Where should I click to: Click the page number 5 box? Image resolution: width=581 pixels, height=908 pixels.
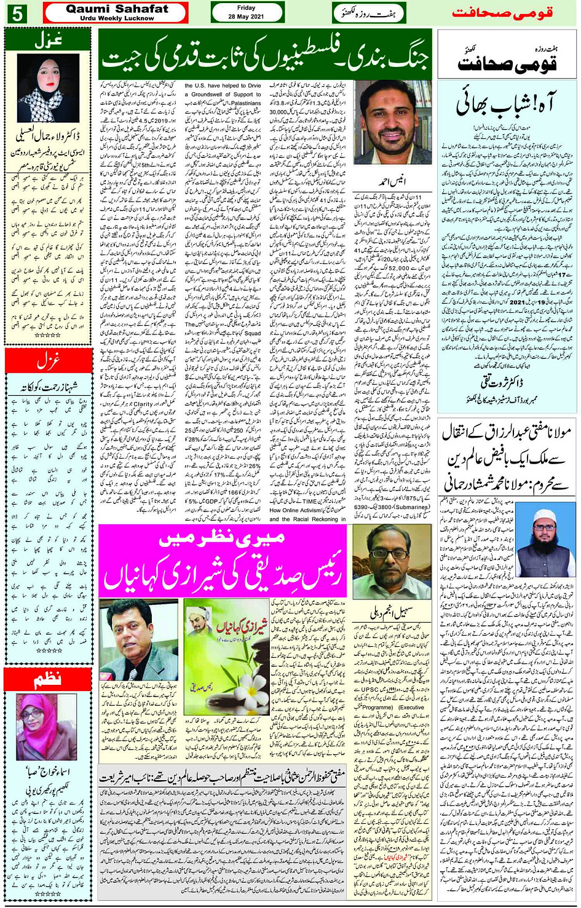coord(16,13)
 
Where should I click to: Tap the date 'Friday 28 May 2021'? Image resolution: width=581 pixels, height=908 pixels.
coord(246,12)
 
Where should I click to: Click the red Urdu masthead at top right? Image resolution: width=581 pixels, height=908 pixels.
coord(502,12)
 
